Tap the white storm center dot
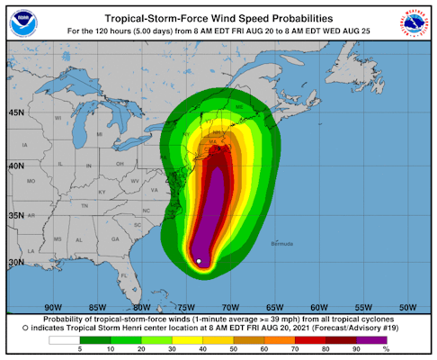click(x=199, y=261)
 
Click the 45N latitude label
click(x=16, y=112)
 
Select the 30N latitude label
click(x=16, y=262)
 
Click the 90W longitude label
click(x=52, y=305)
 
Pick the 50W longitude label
click(x=406, y=305)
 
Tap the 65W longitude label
click(x=273, y=305)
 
